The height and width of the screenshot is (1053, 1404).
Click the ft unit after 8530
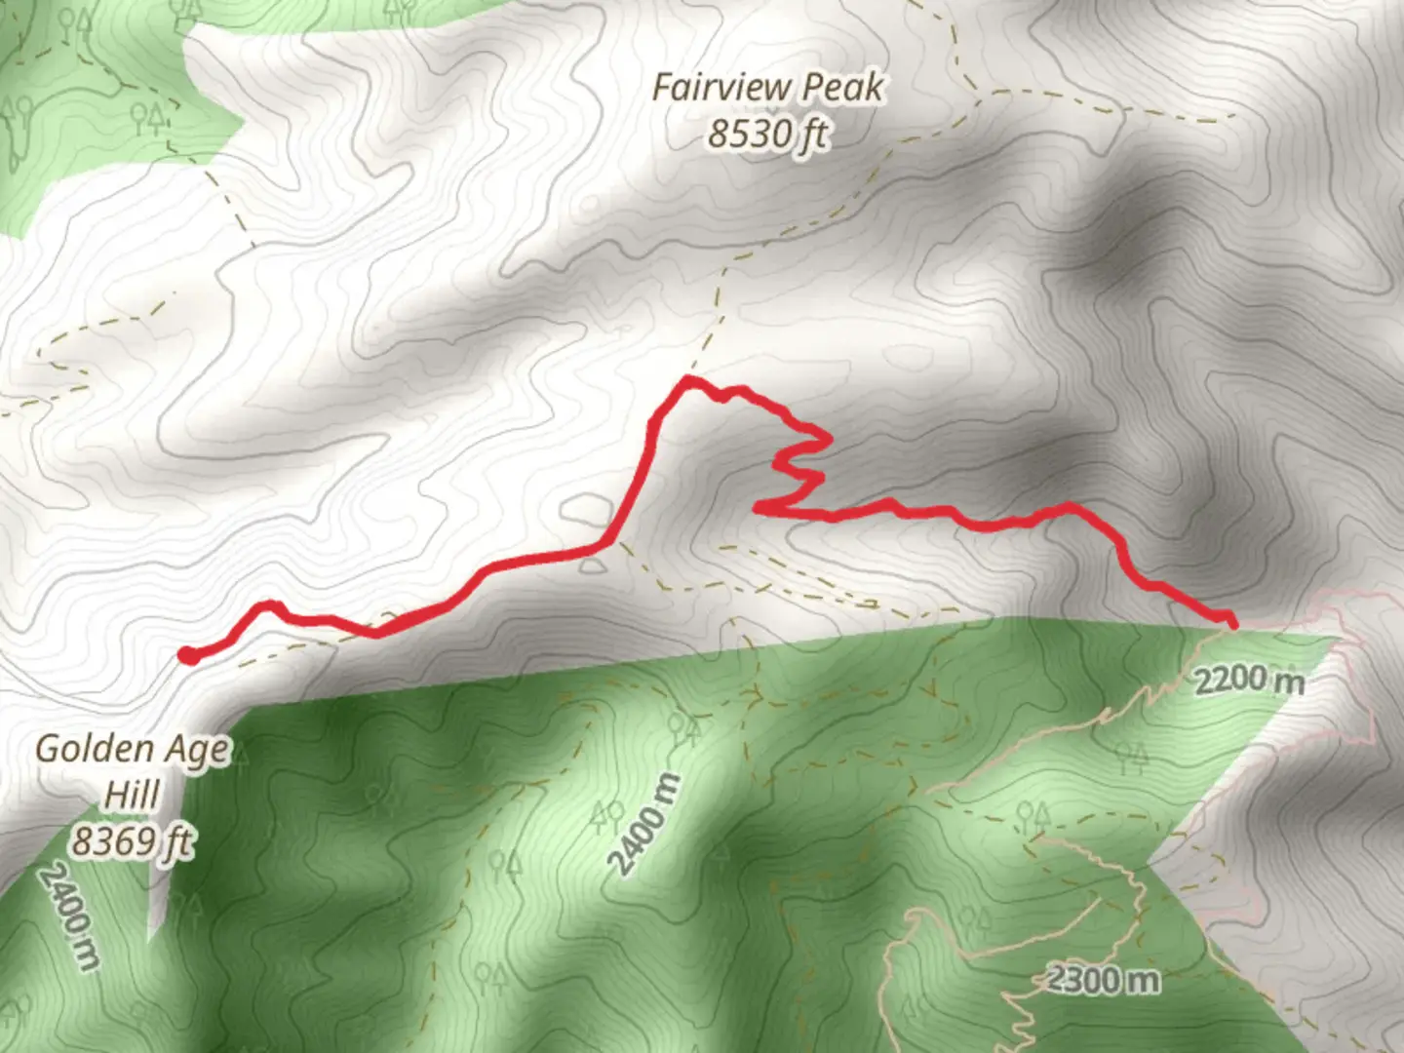coord(812,134)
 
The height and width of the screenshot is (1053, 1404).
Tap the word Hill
coord(132,795)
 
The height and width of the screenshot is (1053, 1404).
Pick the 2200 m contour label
coord(1249,680)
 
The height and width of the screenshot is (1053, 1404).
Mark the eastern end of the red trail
coord(1232,622)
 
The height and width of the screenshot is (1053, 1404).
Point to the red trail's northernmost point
coord(689,378)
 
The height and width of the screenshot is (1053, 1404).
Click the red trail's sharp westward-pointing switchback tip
coord(758,506)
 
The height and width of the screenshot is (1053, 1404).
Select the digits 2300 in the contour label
coord(1084,977)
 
